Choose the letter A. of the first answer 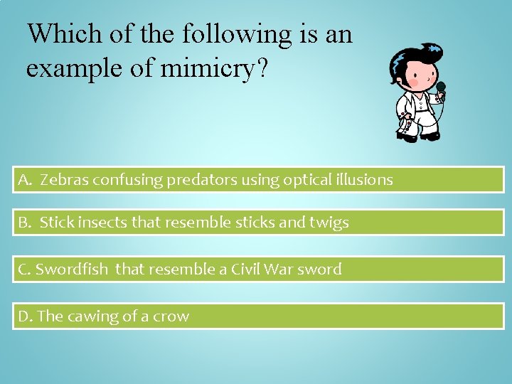point(26,180)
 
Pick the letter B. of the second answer point(26,223)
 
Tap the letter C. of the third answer point(25,270)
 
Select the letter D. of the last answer point(26,316)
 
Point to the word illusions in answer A point(362,180)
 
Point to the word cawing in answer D point(92,316)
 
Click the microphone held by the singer point(441,88)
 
